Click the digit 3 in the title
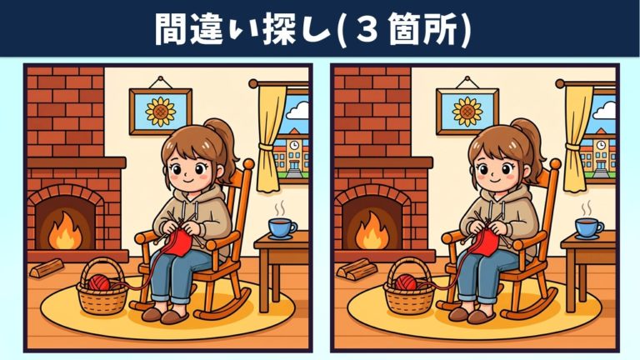[x=368, y=29]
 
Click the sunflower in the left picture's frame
[x=161, y=111]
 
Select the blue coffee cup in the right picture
[x=589, y=228]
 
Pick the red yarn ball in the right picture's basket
[x=406, y=282]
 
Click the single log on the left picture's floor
[x=47, y=268]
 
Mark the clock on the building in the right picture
[x=601, y=145]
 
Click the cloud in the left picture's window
[x=299, y=110]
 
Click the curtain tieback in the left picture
[x=268, y=147]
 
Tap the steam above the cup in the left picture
[x=280, y=209]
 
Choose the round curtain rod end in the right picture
[x=560, y=84]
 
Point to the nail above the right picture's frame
[x=467, y=77]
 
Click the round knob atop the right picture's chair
[x=556, y=164]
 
